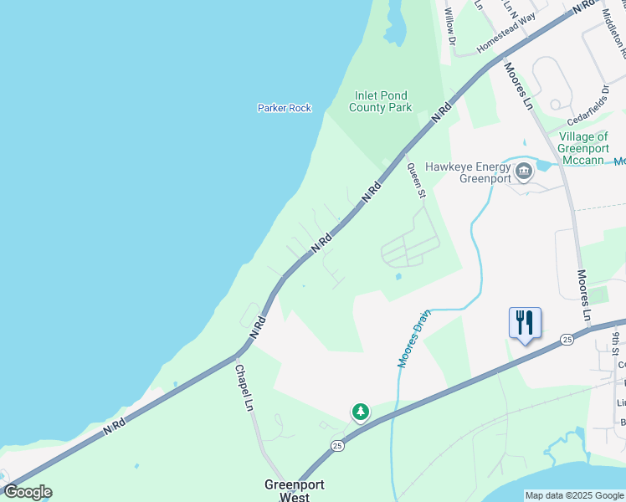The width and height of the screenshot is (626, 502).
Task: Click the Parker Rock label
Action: click(x=285, y=108)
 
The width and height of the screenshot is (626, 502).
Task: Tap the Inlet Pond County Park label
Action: click(x=381, y=101)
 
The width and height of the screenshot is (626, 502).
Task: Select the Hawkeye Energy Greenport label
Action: click(x=468, y=172)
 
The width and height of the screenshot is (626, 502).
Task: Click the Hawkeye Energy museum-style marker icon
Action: click(x=524, y=172)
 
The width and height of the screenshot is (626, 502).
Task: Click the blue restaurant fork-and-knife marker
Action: click(x=525, y=323)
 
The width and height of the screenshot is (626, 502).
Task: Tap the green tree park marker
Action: click(x=360, y=412)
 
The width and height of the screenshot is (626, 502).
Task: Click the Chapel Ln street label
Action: click(x=244, y=387)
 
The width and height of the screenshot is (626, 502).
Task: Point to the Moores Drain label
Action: click(x=413, y=339)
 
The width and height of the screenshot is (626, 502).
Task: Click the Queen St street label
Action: click(x=416, y=180)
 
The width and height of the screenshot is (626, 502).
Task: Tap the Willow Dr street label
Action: click(x=450, y=26)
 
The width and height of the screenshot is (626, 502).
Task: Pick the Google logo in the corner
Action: click(x=28, y=492)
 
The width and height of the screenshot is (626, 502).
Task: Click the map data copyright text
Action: click(x=575, y=495)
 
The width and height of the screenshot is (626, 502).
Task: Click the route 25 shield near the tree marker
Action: click(x=336, y=444)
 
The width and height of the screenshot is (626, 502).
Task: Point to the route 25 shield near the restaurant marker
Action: click(x=567, y=339)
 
